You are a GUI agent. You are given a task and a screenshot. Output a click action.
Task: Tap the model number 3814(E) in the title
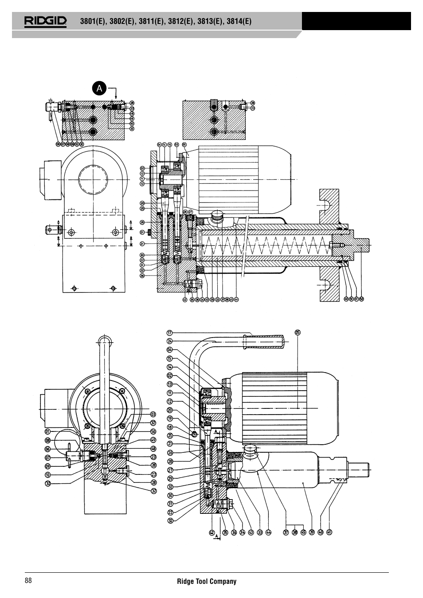pos(238,21)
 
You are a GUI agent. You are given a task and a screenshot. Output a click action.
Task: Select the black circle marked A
pos(99,89)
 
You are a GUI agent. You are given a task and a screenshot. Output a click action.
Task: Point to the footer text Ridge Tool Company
pos(207,581)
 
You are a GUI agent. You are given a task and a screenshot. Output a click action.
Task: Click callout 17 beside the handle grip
pos(169,333)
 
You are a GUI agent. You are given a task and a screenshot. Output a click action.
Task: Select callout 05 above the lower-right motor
pos(298,332)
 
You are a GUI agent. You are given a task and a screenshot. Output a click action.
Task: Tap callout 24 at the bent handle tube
pos(169,341)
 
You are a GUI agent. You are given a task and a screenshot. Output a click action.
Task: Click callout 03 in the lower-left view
pos(153,414)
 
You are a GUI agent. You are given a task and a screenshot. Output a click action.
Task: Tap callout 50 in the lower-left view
pos(153,431)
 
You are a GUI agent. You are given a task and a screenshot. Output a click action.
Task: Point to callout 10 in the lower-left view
pos(47,474)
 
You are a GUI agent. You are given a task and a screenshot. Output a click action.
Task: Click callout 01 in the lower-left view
pos(47,431)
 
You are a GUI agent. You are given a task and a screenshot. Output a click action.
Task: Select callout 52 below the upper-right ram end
pos(362,299)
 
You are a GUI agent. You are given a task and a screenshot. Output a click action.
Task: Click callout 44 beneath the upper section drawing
pos(237,299)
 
